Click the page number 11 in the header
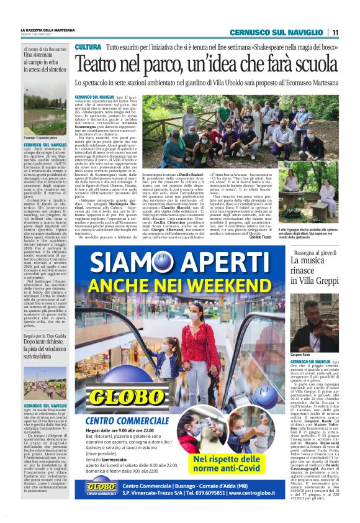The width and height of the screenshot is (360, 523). pyautogui.click(x=335, y=32)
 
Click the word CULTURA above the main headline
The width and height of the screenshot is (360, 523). pyautogui.click(x=88, y=47)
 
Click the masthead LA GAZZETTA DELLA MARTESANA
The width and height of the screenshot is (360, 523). pyautogui.click(x=48, y=30)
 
